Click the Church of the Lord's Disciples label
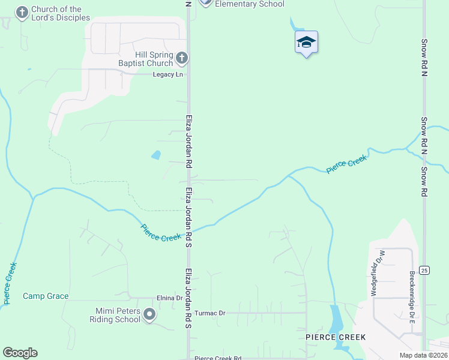pos(60,13)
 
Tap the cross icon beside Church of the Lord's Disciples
pos(22,13)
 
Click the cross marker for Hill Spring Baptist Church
pos(182,59)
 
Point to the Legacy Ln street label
pos(167,74)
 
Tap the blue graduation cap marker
pos(306,43)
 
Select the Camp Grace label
pos(46,296)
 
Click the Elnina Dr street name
pos(169,298)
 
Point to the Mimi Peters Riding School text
pos(118,315)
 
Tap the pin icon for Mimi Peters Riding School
pos(150,314)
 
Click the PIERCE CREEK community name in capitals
pos(335,337)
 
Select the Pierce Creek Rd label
pos(218,358)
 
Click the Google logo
pos(20,353)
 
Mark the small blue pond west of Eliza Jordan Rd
pos(156,155)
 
